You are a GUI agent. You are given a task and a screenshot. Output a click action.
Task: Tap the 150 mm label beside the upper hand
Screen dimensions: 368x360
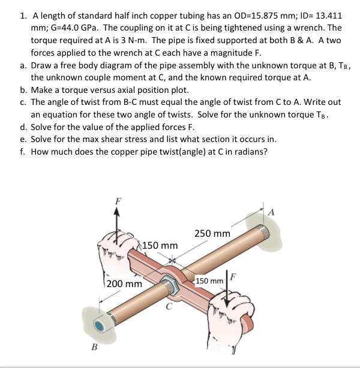tap(161, 246)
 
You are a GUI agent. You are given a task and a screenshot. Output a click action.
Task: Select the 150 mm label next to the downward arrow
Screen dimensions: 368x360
tap(209, 281)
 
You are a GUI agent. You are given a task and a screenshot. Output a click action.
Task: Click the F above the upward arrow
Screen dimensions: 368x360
tap(117, 201)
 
